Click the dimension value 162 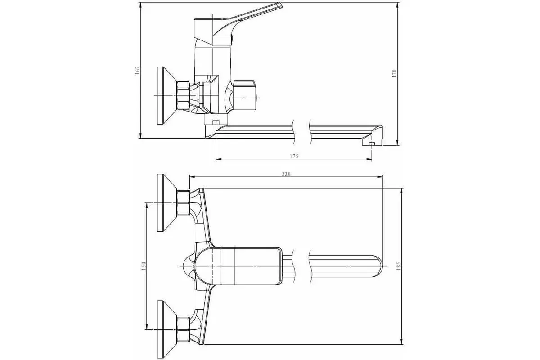point(138,70)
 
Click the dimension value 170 point(394,73)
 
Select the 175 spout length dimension point(294,156)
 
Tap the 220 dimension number point(286,174)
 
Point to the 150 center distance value point(144,265)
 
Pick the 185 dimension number point(398,265)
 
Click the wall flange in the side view point(167,95)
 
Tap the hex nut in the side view point(183,95)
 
